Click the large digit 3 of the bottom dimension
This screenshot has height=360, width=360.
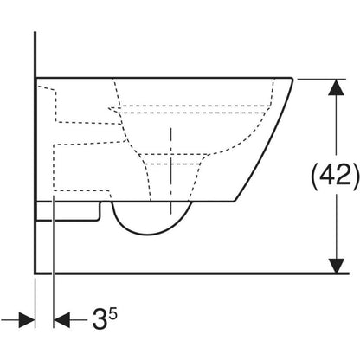[x=100, y=319]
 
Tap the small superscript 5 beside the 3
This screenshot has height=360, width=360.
[x=113, y=313]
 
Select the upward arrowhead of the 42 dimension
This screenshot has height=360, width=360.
[x=337, y=87]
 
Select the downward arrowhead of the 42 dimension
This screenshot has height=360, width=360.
[x=337, y=266]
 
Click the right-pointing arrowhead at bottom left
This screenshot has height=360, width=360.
[x=27, y=319]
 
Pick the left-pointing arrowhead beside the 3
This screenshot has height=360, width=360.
[x=62, y=319]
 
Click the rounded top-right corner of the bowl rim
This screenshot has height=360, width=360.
[x=291, y=80]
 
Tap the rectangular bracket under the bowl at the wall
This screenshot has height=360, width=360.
[x=68, y=211]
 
